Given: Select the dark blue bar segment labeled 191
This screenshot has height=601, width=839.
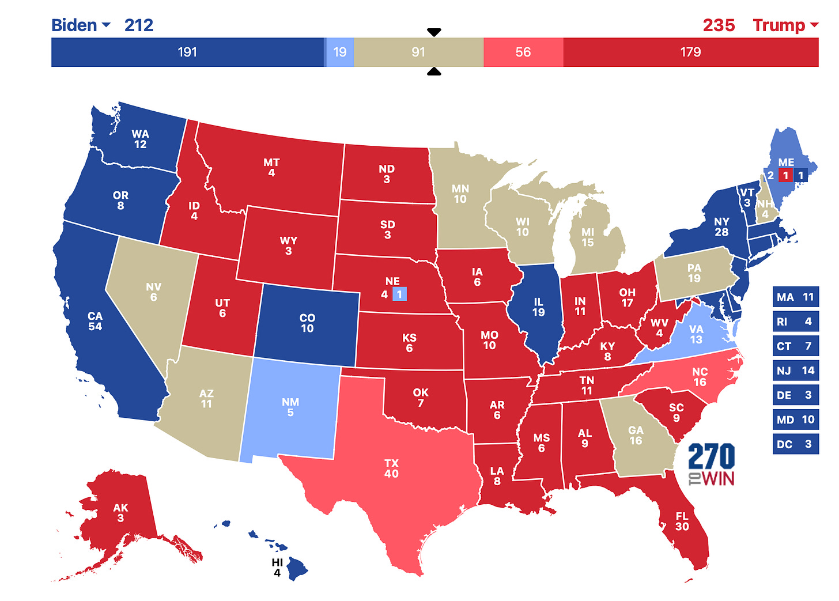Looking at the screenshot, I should tap(187, 52).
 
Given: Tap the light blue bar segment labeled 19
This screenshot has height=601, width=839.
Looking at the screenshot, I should tap(340, 52).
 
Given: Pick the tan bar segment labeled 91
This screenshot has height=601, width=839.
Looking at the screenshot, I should tap(418, 52).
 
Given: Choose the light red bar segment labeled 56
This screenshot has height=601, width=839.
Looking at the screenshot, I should tap(523, 52).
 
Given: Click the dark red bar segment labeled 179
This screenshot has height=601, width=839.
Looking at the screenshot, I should tap(690, 52).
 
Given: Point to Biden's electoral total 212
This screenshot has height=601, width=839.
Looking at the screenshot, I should tap(139, 25).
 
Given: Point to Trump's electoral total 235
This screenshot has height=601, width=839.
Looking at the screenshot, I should tap(719, 25).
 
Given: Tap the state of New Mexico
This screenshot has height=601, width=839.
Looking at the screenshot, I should tap(290, 407).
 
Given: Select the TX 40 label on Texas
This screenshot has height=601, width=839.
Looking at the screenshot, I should tap(391, 468).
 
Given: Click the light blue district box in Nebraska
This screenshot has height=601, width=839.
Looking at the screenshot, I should tap(399, 294).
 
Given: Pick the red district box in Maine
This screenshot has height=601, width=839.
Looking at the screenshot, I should tap(785, 176).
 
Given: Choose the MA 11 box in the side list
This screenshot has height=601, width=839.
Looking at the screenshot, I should tap(795, 297).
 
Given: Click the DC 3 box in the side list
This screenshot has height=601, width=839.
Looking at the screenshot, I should tap(795, 444).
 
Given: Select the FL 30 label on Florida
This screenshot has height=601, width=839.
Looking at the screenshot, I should tap(682, 521).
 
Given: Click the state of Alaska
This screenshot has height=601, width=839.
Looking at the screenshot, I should tap(120, 512).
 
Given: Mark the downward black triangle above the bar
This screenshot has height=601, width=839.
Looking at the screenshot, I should tap(434, 32).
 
